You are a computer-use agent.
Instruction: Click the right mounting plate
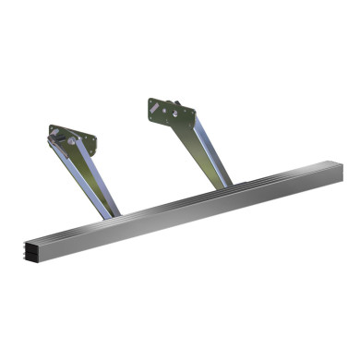[x=172, y=113]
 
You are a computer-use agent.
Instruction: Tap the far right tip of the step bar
[x=341, y=168]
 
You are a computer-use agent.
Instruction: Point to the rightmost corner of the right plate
[x=196, y=114]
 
